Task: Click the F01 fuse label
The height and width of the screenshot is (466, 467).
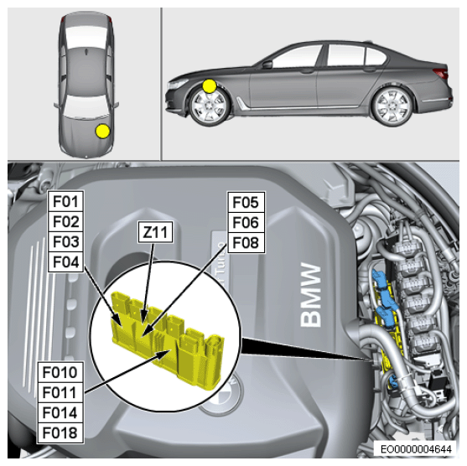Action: (x=66, y=202)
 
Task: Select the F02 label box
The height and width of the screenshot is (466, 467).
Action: (x=66, y=222)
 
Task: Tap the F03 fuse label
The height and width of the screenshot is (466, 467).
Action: (x=66, y=241)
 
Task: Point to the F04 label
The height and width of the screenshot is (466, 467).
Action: (x=66, y=262)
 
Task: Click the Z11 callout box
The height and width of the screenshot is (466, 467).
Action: (x=155, y=232)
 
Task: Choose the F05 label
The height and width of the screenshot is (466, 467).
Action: (x=246, y=203)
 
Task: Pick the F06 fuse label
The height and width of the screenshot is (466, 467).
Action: (x=246, y=223)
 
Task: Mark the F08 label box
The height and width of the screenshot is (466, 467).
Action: (x=246, y=243)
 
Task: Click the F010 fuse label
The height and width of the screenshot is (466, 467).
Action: (x=60, y=372)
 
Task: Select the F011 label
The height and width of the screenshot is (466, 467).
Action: (x=60, y=392)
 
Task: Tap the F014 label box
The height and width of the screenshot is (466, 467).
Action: (x=60, y=412)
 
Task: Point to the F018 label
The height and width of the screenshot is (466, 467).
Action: (x=60, y=433)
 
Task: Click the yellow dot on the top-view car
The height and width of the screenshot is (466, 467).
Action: (x=102, y=132)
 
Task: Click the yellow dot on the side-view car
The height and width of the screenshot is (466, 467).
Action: (x=210, y=86)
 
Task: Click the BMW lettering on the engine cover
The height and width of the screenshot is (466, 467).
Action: (x=311, y=295)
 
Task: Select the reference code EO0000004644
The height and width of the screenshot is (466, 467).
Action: (x=416, y=449)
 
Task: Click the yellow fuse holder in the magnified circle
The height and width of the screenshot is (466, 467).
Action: (x=168, y=338)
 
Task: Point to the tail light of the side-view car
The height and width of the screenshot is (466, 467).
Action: (x=441, y=73)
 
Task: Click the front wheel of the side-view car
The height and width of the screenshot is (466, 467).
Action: (x=210, y=106)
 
